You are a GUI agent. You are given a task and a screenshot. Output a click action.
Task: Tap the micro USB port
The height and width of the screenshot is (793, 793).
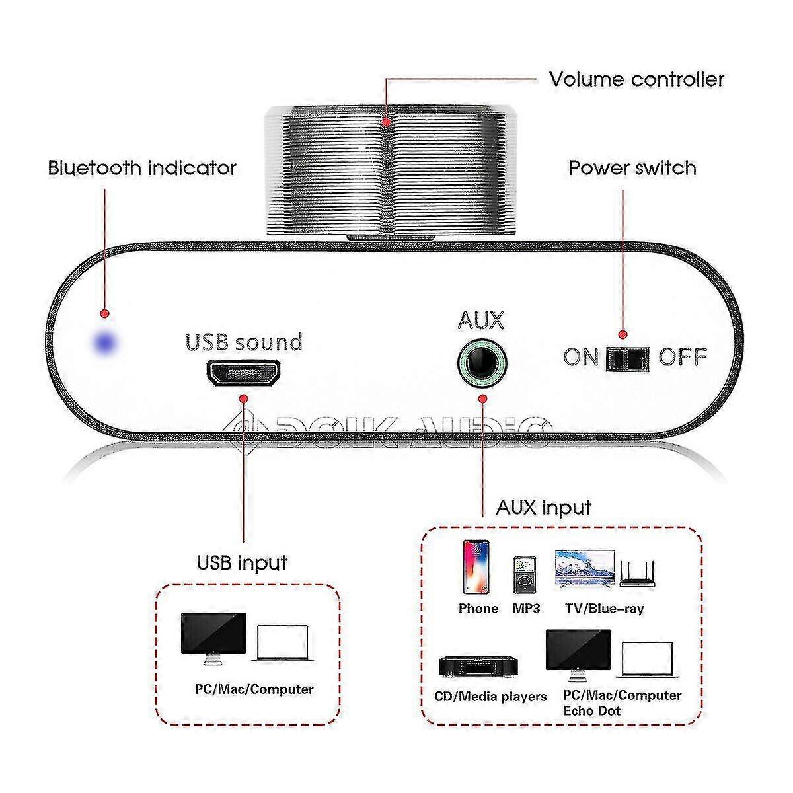(x=244, y=374)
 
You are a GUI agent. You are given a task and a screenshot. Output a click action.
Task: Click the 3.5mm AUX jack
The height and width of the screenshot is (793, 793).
(x=482, y=361)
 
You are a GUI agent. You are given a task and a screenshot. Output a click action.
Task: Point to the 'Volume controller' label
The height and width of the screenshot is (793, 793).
(x=636, y=79)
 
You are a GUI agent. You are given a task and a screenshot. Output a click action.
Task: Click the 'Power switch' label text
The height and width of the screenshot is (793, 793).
(x=632, y=168)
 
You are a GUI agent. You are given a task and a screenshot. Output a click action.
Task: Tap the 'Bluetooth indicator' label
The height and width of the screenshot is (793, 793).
(x=141, y=168)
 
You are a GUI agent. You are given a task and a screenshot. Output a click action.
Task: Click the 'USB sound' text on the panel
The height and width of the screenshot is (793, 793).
(x=244, y=342)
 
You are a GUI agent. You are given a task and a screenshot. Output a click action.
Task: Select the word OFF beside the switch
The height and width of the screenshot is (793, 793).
(x=683, y=358)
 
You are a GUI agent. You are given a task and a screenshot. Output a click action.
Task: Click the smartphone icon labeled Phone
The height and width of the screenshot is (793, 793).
(x=476, y=568)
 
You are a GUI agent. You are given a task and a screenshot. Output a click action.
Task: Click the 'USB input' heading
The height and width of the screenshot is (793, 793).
(x=243, y=563)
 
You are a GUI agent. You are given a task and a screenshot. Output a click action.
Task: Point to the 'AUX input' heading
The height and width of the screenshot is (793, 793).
(x=543, y=508)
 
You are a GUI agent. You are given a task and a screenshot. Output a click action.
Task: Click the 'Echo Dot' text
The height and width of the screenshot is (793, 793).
(x=591, y=711)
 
